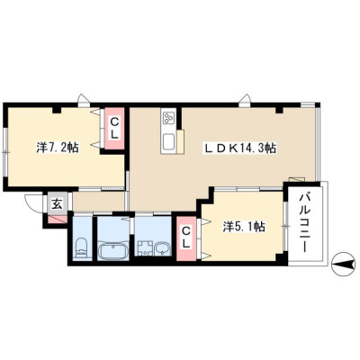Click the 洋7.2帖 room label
click(58, 148)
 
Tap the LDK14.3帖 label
click(240, 148)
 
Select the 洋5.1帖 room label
click(244, 227)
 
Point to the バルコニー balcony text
click(305, 223)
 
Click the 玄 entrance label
click(58, 204)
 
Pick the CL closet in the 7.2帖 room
click(114, 128)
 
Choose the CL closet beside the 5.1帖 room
click(186, 238)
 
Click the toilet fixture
click(80, 248)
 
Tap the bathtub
click(113, 251)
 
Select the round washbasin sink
click(162, 248)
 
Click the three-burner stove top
click(168, 117)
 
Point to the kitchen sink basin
click(168, 142)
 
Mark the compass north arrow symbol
click(344, 265)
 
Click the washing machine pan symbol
click(145, 248)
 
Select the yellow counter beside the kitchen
click(181, 141)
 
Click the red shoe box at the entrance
click(58, 220)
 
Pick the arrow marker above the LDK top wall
click(246, 99)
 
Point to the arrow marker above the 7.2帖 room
click(83, 99)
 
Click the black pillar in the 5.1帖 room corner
click(280, 257)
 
